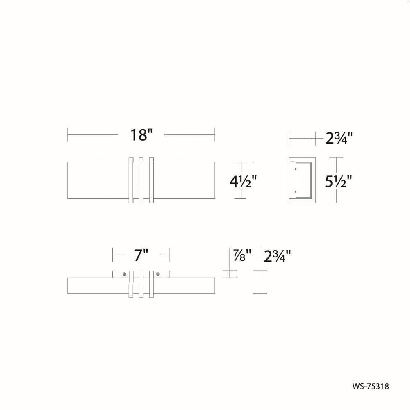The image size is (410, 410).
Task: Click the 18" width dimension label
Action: click(x=141, y=135)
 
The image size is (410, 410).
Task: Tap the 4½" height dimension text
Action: click(x=243, y=181)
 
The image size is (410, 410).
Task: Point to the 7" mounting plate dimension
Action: click(x=141, y=255)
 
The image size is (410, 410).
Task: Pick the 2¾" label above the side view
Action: click(x=339, y=138)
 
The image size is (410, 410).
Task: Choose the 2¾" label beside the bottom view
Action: click(x=278, y=256)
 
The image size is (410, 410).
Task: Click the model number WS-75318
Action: click(x=371, y=386)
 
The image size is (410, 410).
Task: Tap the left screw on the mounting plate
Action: click(x=125, y=274)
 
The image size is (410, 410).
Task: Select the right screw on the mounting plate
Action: click(x=158, y=274)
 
